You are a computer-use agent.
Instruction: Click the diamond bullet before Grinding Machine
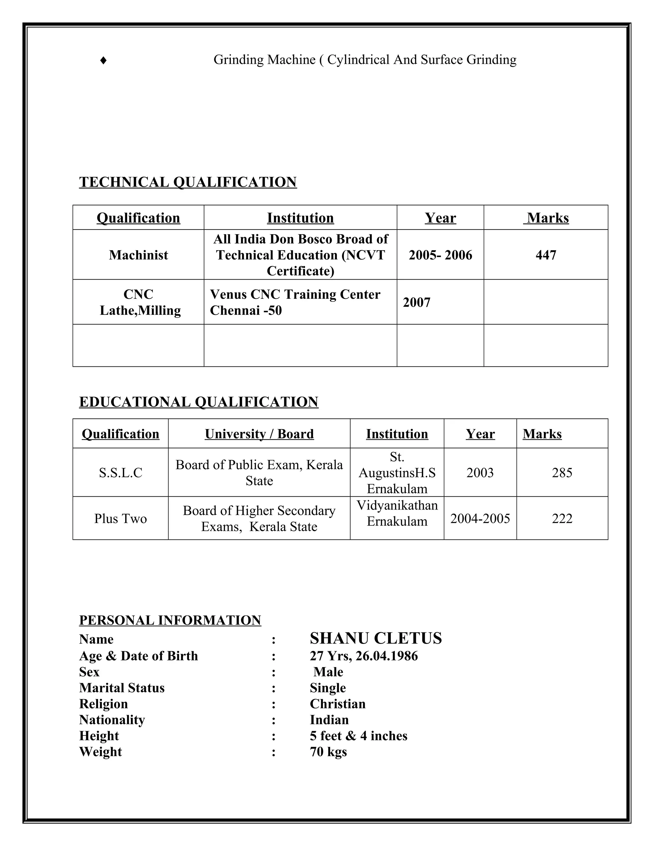tap(103, 60)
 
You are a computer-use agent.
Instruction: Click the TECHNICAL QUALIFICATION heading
tap(188, 182)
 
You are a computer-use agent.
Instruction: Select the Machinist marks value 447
tap(545, 255)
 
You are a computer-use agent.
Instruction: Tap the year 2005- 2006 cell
tap(440, 255)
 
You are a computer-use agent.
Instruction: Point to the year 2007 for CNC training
tap(416, 302)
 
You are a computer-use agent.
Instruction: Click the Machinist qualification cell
tap(138, 255)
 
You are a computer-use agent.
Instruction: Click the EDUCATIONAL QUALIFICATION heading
tap(198, 402)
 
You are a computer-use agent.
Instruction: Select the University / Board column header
tap(259, 434)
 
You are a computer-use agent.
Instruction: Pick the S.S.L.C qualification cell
tap(120, 472)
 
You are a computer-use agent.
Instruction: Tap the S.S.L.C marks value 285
tap(562, 472)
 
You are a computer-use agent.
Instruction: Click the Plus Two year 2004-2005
tap(480, 518)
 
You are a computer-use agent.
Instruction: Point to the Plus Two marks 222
tap(562, 518)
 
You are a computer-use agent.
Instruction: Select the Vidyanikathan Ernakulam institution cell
tap(397, 513)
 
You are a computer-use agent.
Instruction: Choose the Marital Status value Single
tap(328, 688)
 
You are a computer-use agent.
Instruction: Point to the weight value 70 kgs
tap(328, 752)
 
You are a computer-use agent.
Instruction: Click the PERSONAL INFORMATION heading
tap(170, 620)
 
